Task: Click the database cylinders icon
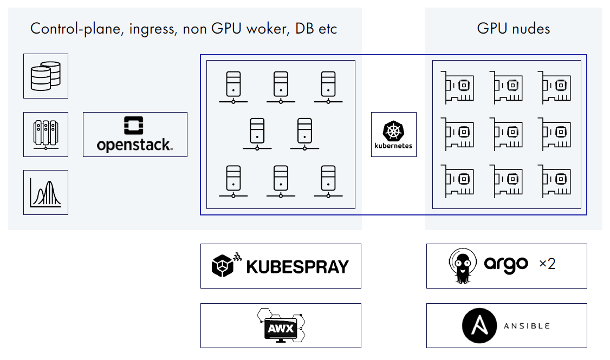[x=46, y=76]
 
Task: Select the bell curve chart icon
[x=46, y=192]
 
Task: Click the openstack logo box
[x=135, y=134]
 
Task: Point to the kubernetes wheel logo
[x=393, y=131]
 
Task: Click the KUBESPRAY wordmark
[x=297, y=266]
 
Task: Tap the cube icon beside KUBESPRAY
[x=224, y=265]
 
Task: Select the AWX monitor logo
[x=280, y=326]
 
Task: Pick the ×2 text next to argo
[x=547, y=264]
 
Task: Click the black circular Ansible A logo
[x=479, y=326]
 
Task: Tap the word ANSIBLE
[x=527, y=326]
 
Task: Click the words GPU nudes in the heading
[x=513, y=28]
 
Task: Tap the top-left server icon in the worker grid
[x=233, y=87]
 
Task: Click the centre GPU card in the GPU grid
[x=507, y=133]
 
